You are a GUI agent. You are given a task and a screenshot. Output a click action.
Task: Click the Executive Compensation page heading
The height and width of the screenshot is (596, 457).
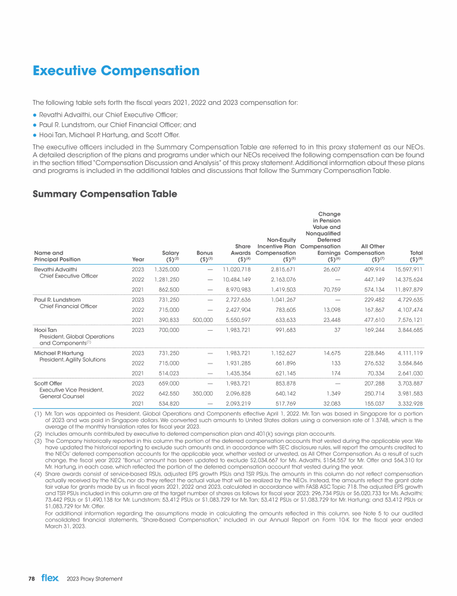pyautogui.click(x=116, y=72)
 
